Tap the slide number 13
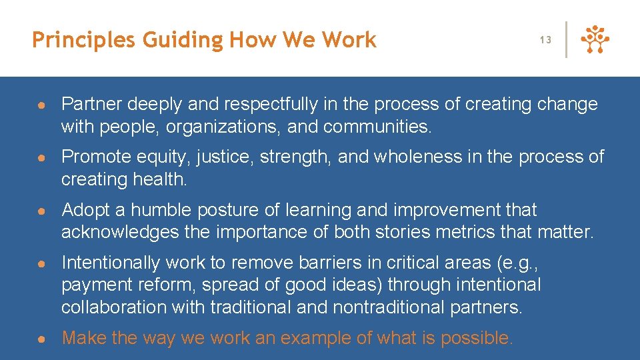coord(545,40)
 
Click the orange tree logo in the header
coord(595,40)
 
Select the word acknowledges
coord(120,233)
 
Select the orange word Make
coord(85,338)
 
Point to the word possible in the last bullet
coord(474,338)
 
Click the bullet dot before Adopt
coord(41,211)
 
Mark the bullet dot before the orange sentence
coord(41,339)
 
